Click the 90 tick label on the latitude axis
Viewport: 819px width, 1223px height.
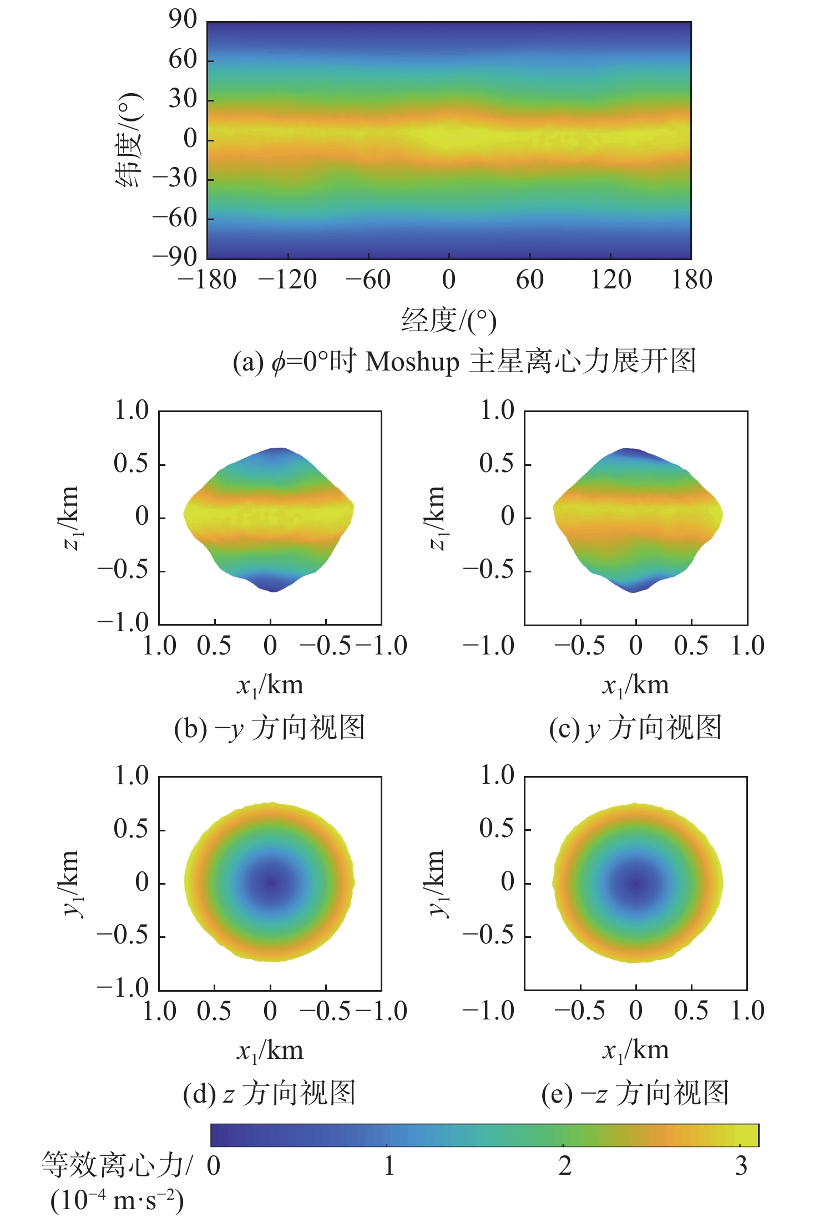183,20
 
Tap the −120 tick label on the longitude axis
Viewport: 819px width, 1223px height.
287,280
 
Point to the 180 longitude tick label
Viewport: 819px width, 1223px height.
691,280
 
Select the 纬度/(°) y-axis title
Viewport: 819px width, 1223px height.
130,140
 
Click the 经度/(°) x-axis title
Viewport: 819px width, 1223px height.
448,321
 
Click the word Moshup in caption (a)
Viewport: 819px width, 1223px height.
412,362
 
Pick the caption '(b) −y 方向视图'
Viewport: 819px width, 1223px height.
270,728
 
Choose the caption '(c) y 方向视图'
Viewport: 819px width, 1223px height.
635,728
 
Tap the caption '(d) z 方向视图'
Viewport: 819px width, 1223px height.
270,1093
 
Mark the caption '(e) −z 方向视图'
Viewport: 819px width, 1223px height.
635,1093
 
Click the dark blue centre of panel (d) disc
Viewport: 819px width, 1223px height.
271,882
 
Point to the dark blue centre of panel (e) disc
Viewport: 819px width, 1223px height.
636,883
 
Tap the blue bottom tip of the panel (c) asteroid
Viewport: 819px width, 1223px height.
633,587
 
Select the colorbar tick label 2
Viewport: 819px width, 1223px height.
564,1166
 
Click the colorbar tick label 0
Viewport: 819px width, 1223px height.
214,1166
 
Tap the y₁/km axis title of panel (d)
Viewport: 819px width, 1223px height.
71,883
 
